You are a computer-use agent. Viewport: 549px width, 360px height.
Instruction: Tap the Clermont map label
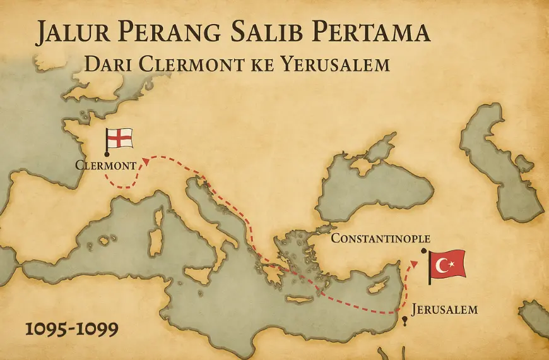[105, 165]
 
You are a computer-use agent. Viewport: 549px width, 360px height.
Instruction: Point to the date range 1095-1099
[64, 329]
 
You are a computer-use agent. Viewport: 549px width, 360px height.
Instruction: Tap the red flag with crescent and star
[447, 264]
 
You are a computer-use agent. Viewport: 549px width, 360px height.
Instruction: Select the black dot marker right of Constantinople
[423, 251]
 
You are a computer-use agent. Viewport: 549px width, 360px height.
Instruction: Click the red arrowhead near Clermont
[146, 160]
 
